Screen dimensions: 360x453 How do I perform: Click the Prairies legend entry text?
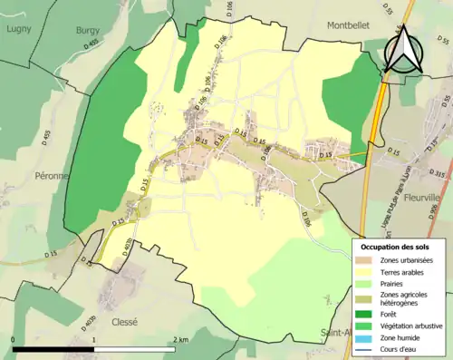(x=393, y=282)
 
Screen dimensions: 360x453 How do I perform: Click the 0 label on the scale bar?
(x=13, y=339)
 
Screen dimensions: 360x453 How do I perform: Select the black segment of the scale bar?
(x=53, y=349)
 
